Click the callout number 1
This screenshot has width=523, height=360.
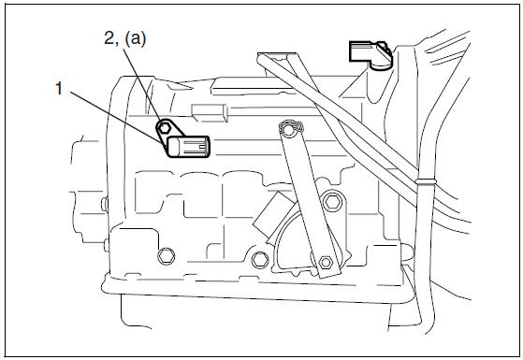59,89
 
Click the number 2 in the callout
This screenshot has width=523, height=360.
109,38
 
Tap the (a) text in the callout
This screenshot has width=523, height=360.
135,38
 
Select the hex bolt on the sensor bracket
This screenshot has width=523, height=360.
164,127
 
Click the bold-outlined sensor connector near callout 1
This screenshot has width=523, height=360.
188,147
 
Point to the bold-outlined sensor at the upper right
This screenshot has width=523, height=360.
370,53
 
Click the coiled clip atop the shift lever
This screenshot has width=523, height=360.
292,126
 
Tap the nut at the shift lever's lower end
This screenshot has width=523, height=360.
326,263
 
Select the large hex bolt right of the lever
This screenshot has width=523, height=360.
333,201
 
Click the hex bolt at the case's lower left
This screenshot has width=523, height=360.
166,256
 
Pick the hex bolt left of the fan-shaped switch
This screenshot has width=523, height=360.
260,260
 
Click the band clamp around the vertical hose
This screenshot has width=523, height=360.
426,182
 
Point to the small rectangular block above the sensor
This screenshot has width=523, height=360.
210,113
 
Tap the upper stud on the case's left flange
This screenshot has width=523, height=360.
105,204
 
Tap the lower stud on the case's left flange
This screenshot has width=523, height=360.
107,245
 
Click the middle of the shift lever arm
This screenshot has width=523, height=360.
309,200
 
